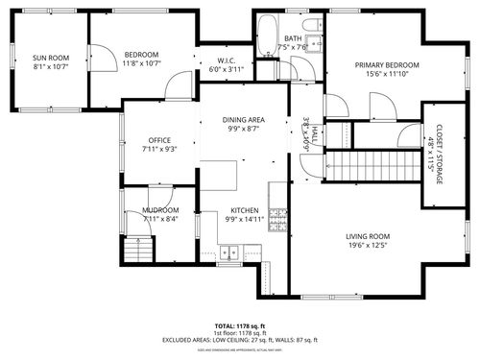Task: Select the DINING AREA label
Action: coord(244,120)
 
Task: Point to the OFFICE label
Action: coord(159,140)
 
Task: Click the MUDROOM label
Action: coord(160,210)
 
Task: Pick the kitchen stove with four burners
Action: coord(278,217)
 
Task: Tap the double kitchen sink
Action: coord(229,253)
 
